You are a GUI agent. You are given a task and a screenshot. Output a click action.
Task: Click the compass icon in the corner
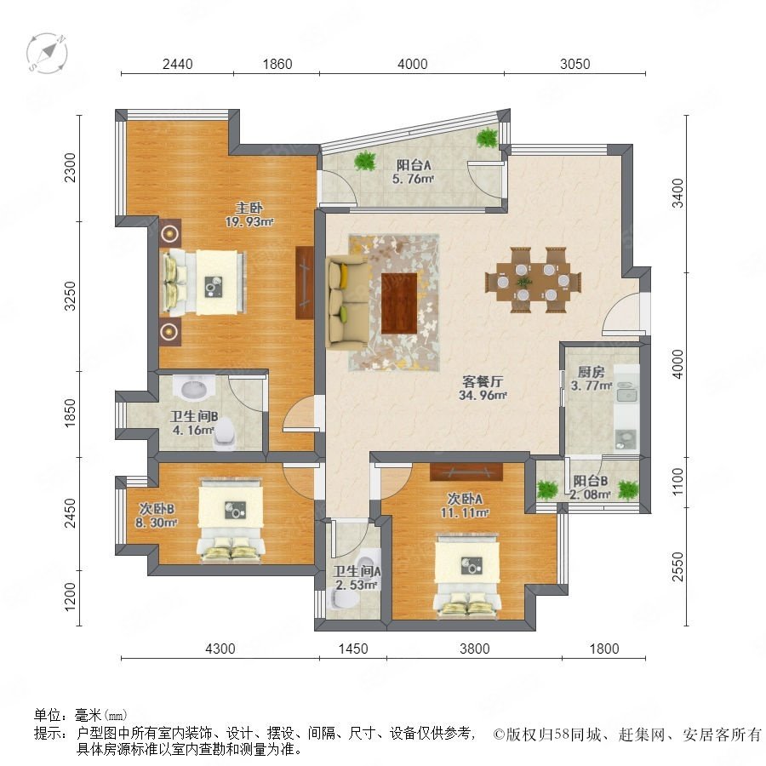point(47,53)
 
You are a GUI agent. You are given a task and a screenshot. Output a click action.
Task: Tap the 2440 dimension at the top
point(177,64)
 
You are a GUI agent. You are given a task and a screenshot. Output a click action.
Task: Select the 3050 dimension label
point(575,64)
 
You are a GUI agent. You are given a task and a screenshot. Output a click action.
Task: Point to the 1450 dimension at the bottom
point(353,649)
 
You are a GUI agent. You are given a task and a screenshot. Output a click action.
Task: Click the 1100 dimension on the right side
point(678,482)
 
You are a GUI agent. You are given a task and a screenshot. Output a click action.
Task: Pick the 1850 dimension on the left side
point(71,414)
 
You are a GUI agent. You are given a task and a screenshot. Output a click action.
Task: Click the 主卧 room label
point(249,209)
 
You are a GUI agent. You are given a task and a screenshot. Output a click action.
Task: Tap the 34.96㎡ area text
point(483,395)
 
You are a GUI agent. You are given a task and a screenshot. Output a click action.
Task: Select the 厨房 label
point(592,372)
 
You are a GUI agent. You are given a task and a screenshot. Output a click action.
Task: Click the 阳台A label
point(414,165)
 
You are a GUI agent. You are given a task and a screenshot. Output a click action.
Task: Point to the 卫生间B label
point(193,417)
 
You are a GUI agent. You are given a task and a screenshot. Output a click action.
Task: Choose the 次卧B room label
point(157,509)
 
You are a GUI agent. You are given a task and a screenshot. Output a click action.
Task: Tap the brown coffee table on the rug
point(399,303)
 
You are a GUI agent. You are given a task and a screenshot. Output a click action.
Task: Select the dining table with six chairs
point(533,280)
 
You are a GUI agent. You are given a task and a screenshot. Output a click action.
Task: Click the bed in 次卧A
point(467,576)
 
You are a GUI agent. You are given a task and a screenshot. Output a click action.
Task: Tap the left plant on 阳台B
point(547,490)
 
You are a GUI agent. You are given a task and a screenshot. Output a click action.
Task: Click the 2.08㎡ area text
point(590,494)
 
